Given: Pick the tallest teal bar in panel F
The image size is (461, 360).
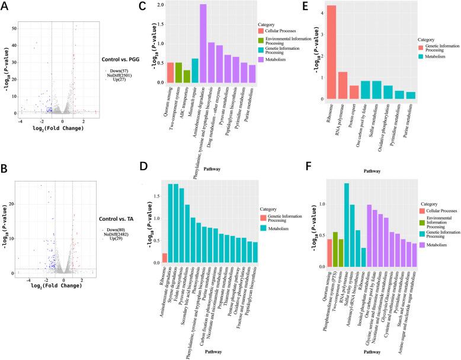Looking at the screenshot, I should [x=346, y=225].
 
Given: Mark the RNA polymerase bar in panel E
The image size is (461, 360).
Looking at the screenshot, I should [x=342, y=85].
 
